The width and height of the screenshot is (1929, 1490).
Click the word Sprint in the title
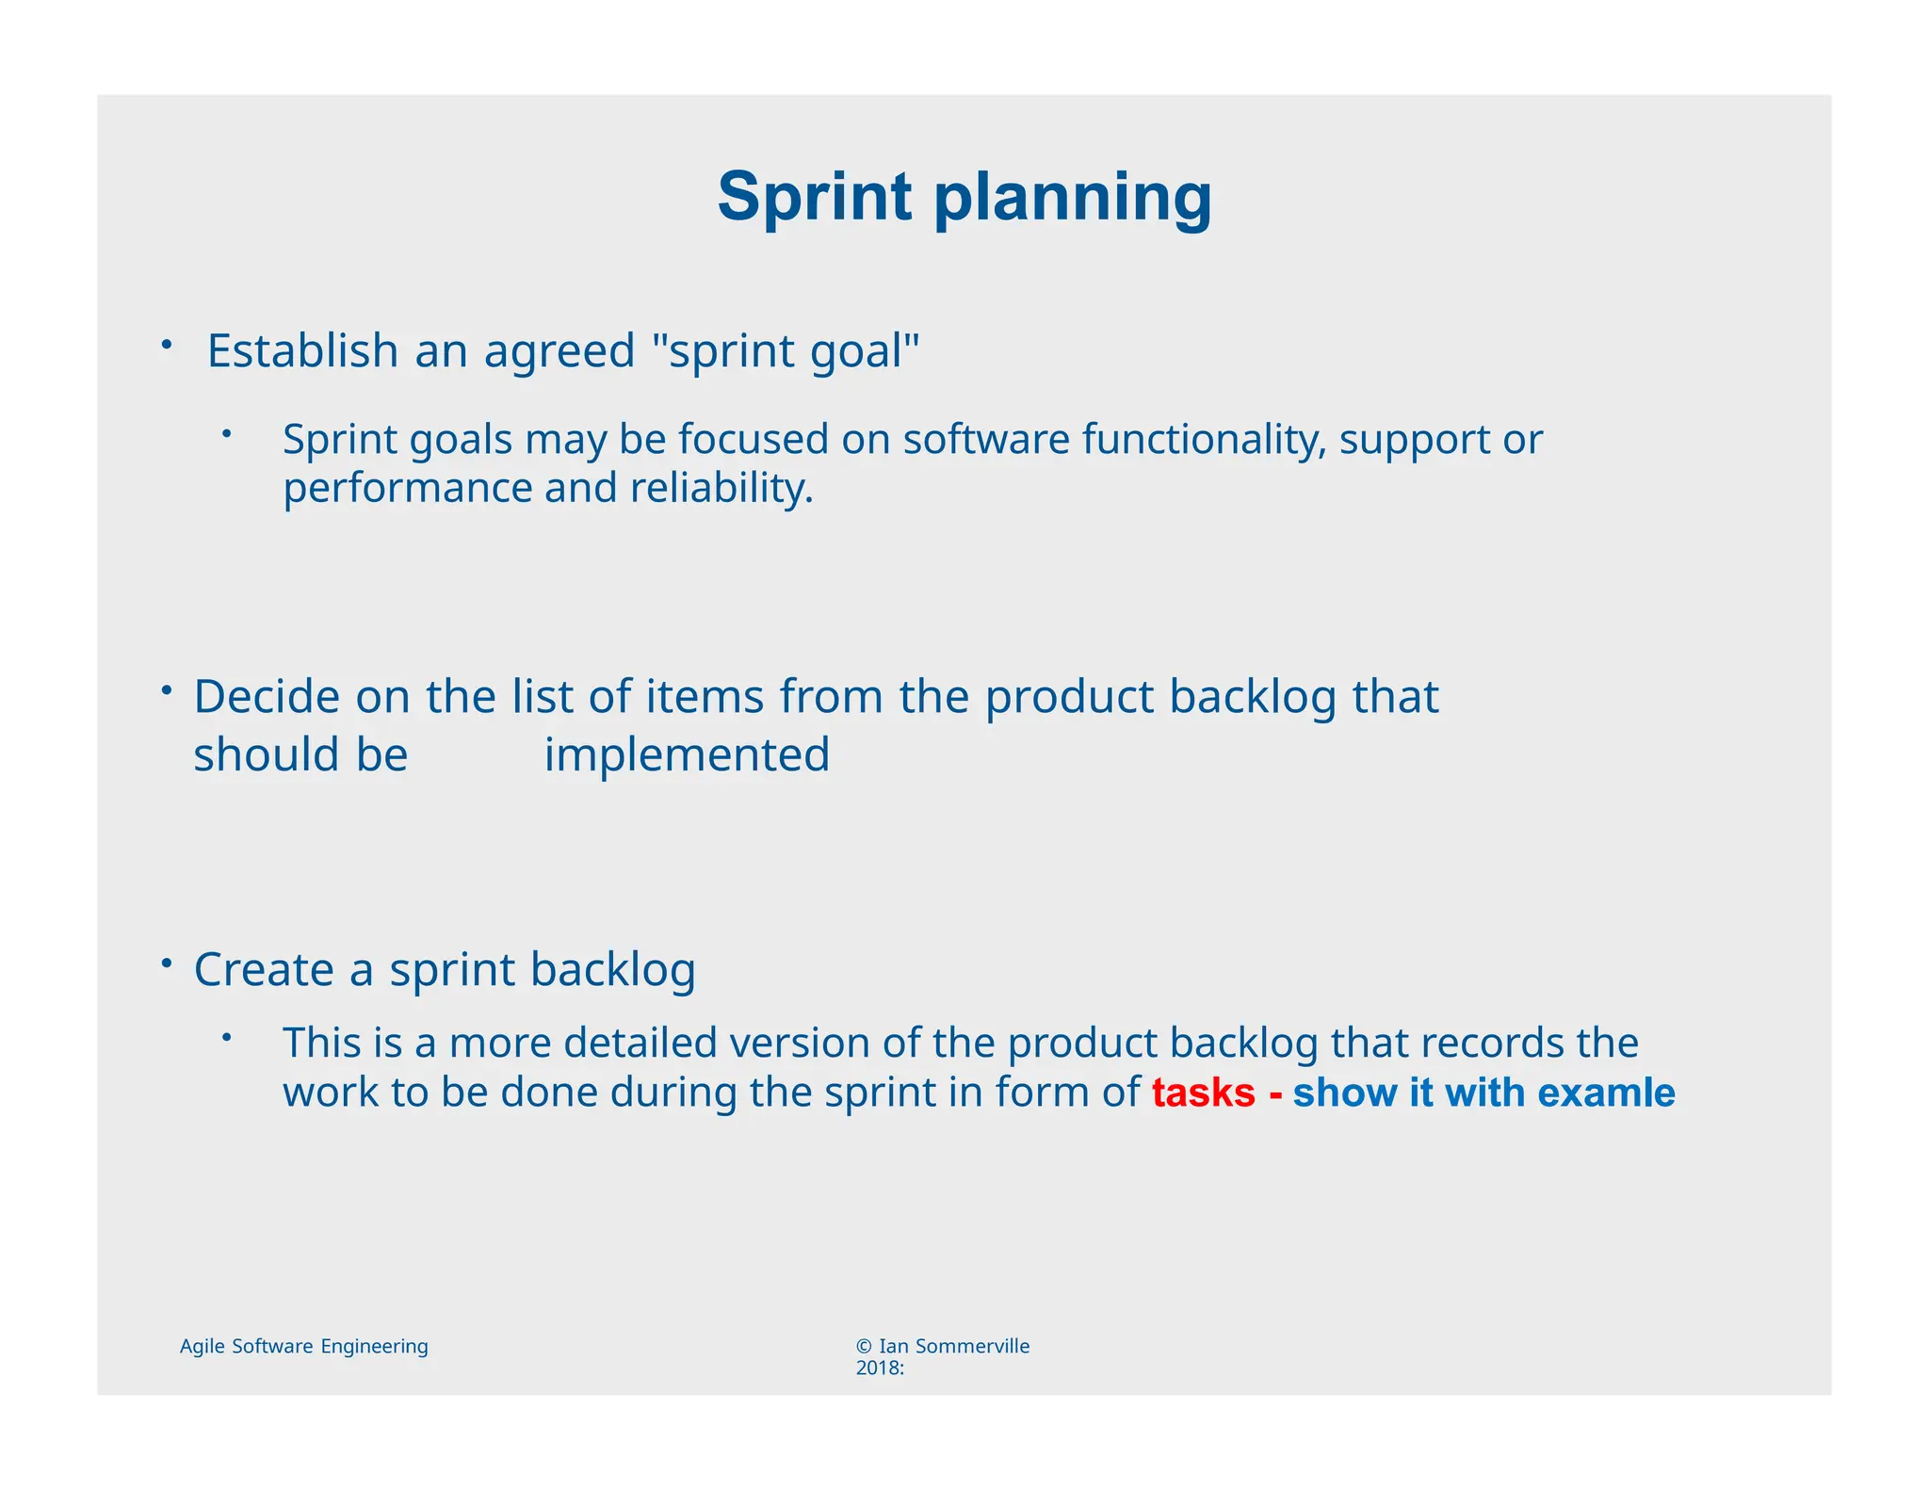click(x=814, y=198)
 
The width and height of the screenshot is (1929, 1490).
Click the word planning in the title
click(x=1072, y=200)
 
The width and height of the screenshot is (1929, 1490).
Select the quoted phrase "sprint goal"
click(x=786, y=351)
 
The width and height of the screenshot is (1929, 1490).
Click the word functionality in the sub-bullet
click(x=1203, y=440)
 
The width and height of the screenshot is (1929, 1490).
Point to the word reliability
click(x=721, y=489)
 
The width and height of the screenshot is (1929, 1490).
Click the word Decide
click(x=266, y=698)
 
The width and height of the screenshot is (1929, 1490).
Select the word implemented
click(x=687, y=755)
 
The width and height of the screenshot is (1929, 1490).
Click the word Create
click(x=264, y=970)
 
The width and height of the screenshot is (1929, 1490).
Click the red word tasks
click(x=1203, y=1093)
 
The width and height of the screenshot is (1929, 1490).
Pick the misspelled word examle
click(x=1606, y=1093)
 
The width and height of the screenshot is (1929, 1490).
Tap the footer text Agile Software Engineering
click(x=303, y=1347)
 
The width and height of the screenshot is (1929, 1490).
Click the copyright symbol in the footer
click(x=864, y=1347)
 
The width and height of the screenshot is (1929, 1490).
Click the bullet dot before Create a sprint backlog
click(x=166, y=963)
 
